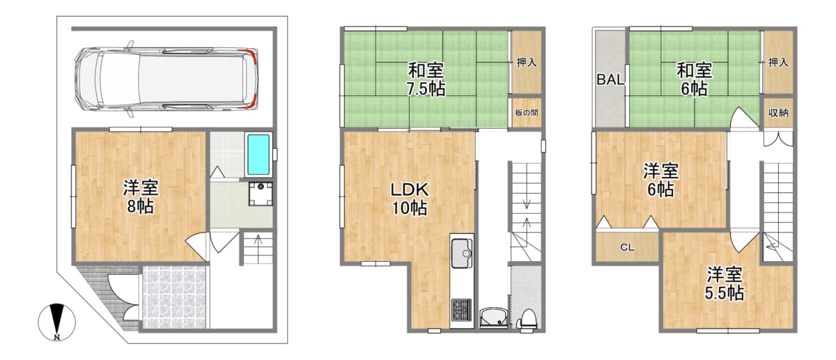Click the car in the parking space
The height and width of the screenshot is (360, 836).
tap(166, 79)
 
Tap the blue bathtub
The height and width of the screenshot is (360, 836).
tap(258, 155)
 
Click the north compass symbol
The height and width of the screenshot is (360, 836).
tap(56, 322)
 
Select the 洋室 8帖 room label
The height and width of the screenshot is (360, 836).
tap(141, 196)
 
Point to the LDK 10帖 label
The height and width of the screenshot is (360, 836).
tap(410, 199)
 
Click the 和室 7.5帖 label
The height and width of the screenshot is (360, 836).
tap(426, 80)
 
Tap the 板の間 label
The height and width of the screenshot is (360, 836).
tap(527, 112)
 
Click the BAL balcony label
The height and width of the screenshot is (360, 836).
tap(610, 79)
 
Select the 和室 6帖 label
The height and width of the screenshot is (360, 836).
tap(695, 80)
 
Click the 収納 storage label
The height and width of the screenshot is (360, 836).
tap(778, 113)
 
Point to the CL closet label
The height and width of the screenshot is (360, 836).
tap(627, 247)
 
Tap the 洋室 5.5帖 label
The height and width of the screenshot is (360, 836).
tap(724, 284)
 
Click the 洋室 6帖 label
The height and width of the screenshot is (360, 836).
tap(660, 180)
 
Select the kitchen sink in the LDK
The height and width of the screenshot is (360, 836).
tap(462, 253)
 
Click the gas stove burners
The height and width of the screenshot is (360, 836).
tap(462, 310)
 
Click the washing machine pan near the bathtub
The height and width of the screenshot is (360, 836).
tap(261, 194)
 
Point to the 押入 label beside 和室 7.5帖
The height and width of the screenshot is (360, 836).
tap(527, 62)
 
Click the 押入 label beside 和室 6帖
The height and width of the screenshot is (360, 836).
tap(778, 62)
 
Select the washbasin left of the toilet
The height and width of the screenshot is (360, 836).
tap(493, 318)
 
